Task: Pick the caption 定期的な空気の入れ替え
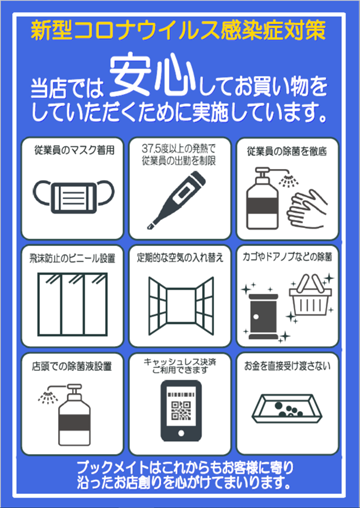click(x=180, y=257)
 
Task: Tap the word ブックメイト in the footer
click(x=117, y=468)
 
